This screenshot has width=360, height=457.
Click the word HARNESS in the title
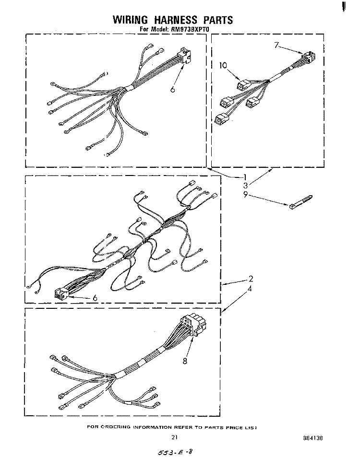click(x=176, y=20)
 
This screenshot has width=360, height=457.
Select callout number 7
click(x=276, y=45)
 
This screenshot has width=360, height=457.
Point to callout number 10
click(x=223, y=65)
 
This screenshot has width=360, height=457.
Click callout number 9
click(x=246, y=194)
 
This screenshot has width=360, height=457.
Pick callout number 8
click(x=185, y=361)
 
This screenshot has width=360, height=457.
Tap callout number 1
click(x=245, y=176)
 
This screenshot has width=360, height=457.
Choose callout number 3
click(x=246, y=186)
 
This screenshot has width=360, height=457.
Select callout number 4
click(x=250, y=289)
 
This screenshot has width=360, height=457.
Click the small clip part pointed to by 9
click(x=301, y=202)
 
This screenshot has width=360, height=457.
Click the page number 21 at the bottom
click(x=174, y=437)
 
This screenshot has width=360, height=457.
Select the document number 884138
click(x=313, y=438)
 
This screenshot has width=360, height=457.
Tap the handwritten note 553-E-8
click(x=175, y=451)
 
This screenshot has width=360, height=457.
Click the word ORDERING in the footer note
click(x=116, y=427)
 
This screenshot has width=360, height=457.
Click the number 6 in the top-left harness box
click(x=173, y=90)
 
